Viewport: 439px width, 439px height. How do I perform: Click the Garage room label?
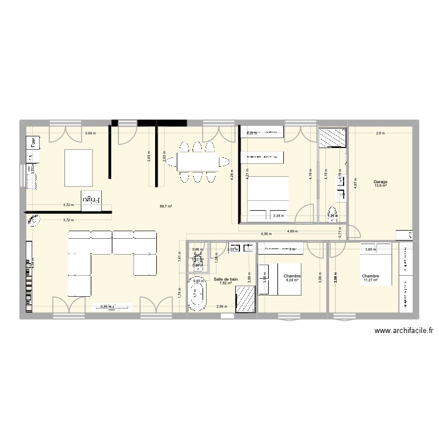[380, 182]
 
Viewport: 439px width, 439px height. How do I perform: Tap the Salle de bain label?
[226, 280]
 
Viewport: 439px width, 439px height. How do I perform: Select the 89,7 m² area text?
[166, 206]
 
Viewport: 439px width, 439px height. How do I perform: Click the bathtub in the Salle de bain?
[198, 296]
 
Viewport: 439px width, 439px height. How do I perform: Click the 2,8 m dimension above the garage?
[380, 133]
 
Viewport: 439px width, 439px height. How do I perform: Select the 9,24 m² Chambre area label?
[292, 280]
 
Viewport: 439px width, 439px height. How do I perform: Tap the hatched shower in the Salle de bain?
[245, 301]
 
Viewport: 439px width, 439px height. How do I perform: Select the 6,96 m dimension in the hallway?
[266, 234]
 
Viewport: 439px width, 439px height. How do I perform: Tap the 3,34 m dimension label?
[279, 216]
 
